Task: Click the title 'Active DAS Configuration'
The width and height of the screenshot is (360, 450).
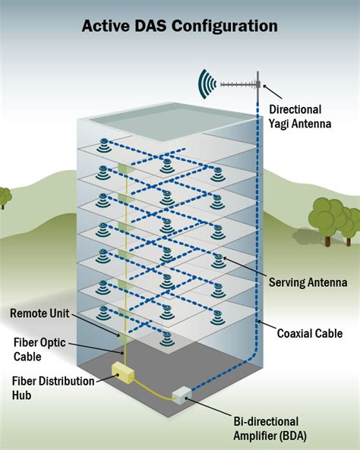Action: click(x=180, y=26)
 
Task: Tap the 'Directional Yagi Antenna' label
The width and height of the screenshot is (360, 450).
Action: click(x=295, y=116)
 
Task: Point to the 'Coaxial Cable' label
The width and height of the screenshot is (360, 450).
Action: click(x=309, y=332)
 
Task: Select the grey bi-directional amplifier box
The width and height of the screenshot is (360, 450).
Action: click(x=182, y=395)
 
